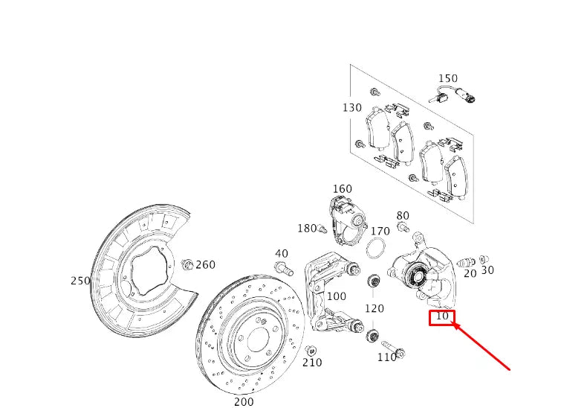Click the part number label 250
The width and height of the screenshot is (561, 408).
[x=80, y=281]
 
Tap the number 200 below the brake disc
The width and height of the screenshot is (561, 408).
[x=244, y=401]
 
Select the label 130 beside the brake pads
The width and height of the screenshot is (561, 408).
[x=352, y=108]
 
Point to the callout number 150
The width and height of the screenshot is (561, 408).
[x=448, y=78]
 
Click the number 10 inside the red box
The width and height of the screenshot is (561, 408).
[x=442, y=316]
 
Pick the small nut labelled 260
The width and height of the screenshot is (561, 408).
[x=187, y=264]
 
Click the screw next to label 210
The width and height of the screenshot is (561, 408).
[x=311, y=350]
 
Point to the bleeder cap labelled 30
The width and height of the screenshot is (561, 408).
[x=484, y=259]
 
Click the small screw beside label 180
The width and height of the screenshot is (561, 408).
[x=322, y=229]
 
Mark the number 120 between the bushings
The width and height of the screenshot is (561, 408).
[x=374, y=308]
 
